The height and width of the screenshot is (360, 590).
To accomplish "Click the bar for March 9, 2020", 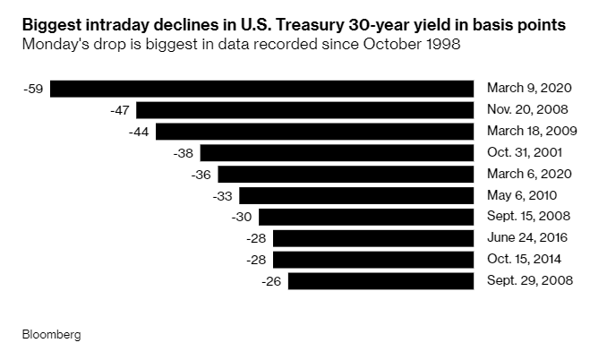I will (x=261, y=89).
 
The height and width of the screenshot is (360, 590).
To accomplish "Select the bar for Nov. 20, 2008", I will (x=304, y=110).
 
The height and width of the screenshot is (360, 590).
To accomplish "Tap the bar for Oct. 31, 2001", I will (x=337, y=153).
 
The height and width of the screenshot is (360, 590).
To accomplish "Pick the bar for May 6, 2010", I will (x=356, y=195).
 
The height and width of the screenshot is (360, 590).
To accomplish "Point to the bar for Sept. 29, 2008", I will (x=381, y=281).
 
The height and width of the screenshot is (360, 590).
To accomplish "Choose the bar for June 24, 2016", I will (x=373, y=238).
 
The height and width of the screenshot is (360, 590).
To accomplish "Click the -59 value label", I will (x=34, y=89).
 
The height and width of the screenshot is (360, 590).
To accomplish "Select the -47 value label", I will (x=120, y=110).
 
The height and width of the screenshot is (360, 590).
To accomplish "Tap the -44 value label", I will (x=141, y=132).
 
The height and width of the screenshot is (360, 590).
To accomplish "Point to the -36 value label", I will (x=201, y=175).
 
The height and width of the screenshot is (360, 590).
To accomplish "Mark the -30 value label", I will (x=243, y=217).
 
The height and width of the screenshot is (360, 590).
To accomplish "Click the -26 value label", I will (x=272, y=281).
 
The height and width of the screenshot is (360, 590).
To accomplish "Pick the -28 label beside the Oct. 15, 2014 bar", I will (x=257, y=260).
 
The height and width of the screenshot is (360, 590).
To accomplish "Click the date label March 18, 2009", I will (x=532, y=132).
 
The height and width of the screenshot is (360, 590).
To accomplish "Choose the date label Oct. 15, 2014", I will (x=525, y=260).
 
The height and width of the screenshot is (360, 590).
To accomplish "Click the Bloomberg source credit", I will (x=52, y=334).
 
